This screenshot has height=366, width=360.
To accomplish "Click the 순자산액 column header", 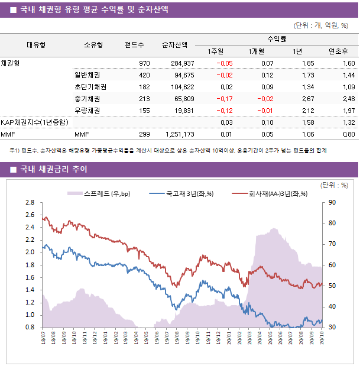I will (176, 44).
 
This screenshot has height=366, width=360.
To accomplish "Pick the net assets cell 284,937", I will (181, 63).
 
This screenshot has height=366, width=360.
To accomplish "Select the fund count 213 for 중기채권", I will (144, 98).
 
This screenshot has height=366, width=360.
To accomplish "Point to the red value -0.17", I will (224, 98).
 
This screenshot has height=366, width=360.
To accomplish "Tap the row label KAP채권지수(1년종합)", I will (34, 122).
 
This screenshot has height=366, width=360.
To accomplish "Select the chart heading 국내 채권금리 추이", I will (53, 170).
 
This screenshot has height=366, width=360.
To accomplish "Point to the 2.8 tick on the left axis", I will (30, 202).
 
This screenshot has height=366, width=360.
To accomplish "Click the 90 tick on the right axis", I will (332, 202).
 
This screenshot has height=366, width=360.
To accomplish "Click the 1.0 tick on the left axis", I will (30, 315).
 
